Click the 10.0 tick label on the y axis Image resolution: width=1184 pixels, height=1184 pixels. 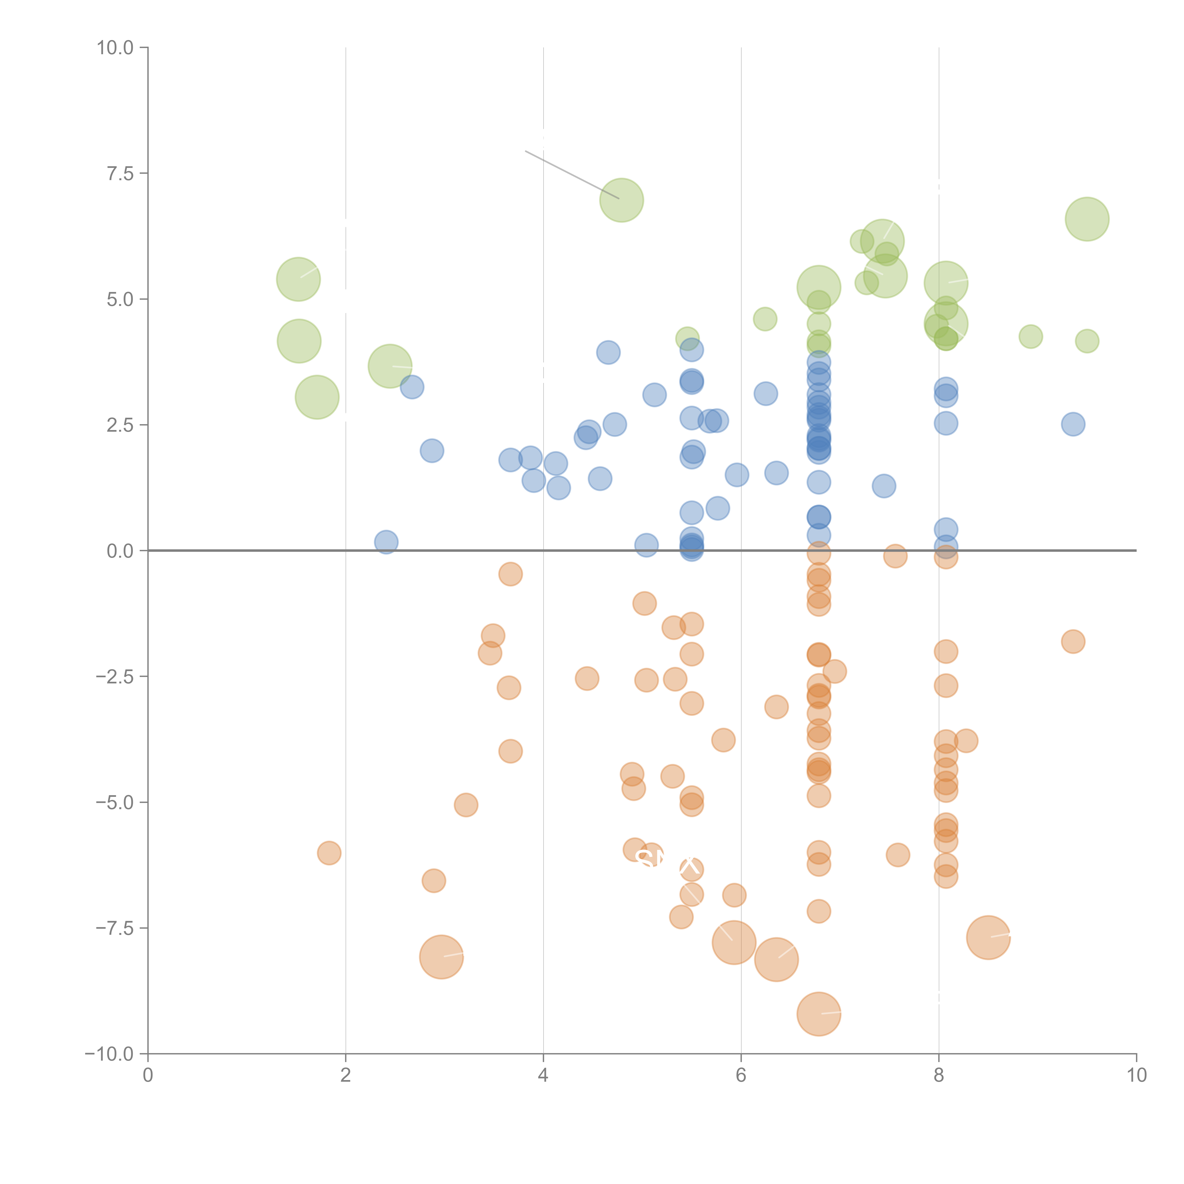pyautogui.click(x=115, y=48)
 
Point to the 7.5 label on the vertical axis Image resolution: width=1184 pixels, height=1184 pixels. pyautogui.click(x=120, y=173)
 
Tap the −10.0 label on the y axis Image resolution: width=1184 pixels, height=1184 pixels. pyautogui.click(x=110, y=1054)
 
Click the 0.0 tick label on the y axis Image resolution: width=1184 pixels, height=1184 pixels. pyautogui.click(x=120, y=551)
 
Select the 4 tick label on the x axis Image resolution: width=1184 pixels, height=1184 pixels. pyautogui.click(x=543, y=1076)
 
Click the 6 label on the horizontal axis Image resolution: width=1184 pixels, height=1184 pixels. pyautogui.click(x=741, y=1076)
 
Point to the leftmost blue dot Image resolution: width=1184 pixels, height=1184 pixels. pyautogui.click(x=386, y=542)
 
